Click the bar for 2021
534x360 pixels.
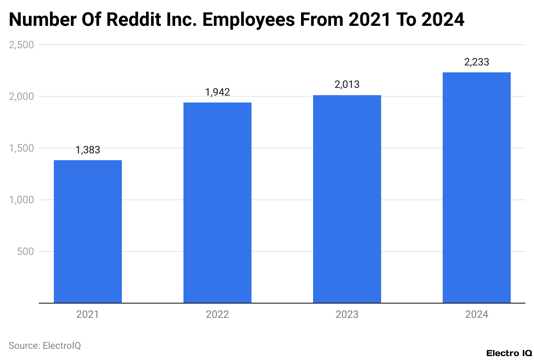(x=88, y=232)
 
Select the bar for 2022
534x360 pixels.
(x=217, y=203)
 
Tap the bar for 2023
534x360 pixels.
(x=347, y=199)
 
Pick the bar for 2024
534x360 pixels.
(x=477, y=188)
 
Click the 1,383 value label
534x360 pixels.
(x=88, y=150)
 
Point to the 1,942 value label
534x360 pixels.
(x=217, y=92)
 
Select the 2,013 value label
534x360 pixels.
(x=347, y=85)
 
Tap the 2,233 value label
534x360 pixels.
(x=477, y=62)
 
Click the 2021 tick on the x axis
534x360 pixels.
(x=88, y=315)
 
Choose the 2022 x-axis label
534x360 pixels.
(x=217, y=315)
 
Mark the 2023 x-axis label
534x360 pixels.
(x=347, y=315)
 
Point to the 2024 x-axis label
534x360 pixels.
(x=477, y=315)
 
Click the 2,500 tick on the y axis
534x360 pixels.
(x=22, y=45)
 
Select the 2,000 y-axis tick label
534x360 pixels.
(x=22, y=96)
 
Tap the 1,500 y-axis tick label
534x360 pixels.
(x=22, y=148)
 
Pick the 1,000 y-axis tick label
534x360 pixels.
(x=22, y=200)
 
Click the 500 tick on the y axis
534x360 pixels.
(x=26, y=251)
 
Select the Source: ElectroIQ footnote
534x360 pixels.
(x=45, y=345)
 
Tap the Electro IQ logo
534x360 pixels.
(x=509, y=353)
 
